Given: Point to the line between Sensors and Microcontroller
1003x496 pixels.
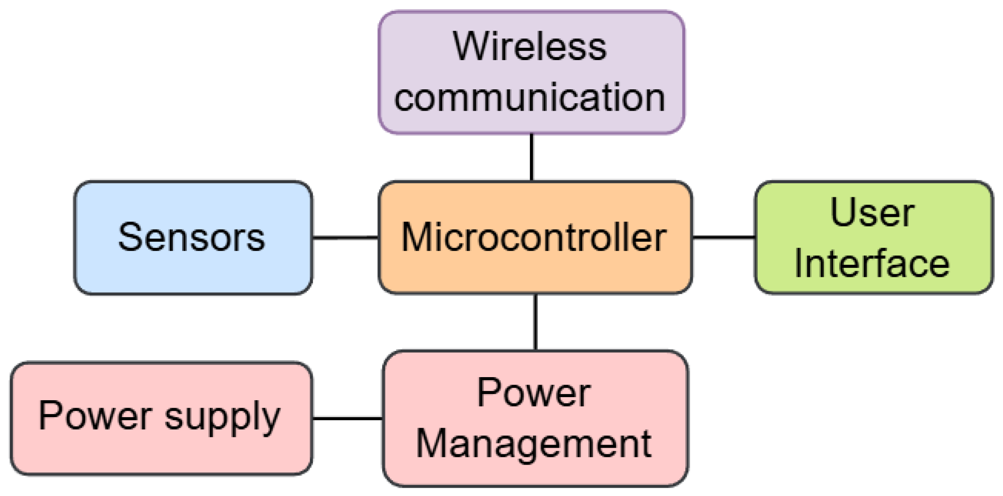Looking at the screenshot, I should click(x=345, y=237).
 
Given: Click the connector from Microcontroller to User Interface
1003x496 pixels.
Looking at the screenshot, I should click(x=723, y=237).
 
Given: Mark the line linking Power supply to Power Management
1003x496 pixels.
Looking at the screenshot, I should click(x=347, y=418).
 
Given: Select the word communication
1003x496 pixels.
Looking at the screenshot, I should click(x=529, y=98).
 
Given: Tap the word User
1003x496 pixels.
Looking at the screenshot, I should click(x=872, y=213).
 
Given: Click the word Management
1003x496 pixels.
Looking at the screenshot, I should click(x=534, y=444).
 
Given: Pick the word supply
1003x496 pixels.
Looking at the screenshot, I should click(x=222, y=417).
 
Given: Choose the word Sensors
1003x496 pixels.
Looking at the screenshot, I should click(x=191, y=237).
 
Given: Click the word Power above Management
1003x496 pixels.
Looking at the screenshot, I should click(x=534, y=393).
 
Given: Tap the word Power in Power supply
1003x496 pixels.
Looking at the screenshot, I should click(x=95, y=416).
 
